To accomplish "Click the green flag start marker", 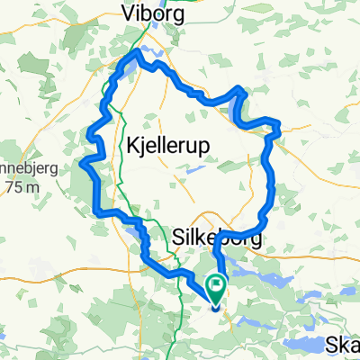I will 217,287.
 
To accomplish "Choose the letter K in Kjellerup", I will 121,143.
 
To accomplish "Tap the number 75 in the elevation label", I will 13,187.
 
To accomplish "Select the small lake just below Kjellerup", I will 192,169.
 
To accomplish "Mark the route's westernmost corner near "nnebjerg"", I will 84,163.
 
